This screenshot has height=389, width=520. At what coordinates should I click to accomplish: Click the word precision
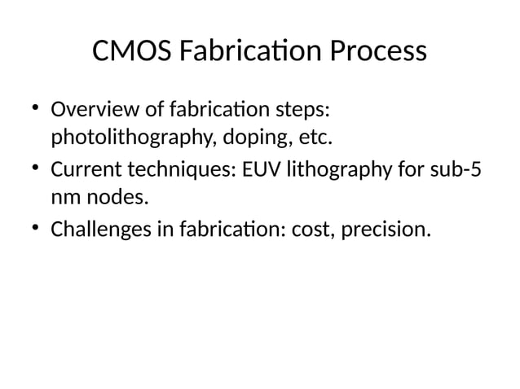point(383,229)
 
